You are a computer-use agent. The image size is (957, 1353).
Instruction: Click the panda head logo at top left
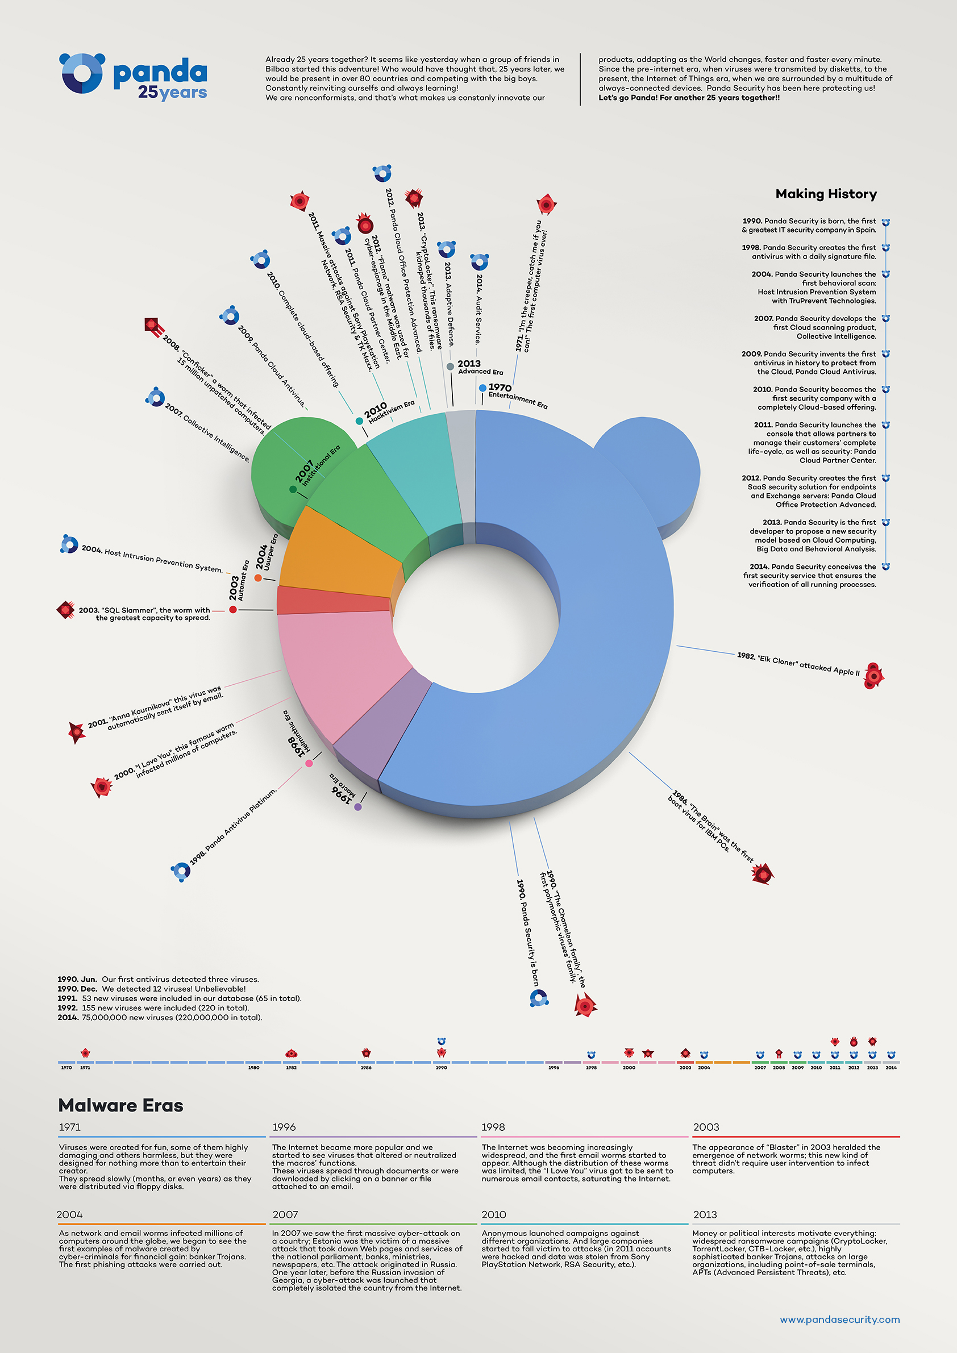tap(82, 73)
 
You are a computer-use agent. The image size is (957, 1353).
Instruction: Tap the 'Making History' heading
tap(826, 194)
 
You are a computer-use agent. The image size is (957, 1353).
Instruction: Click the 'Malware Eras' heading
tap(121, 1105)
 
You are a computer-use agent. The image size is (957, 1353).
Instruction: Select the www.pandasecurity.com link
tap(839, 1319)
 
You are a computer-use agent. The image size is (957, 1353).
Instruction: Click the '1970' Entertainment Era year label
tap(500, 387)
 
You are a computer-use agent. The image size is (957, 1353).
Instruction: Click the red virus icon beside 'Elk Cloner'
tap(873, 675)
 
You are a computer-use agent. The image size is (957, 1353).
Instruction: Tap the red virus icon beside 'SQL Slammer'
tap(65, 609)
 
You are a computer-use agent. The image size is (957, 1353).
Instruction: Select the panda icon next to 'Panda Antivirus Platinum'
tap(180, 871)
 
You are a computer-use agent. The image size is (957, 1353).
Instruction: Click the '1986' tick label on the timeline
tap(366, 1068)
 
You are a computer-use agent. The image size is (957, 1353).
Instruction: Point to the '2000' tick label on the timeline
tap(629, 1068)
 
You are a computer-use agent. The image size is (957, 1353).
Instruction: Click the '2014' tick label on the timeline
tap(891, 1068)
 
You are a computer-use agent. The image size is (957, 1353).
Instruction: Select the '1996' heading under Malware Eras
tap(284, 1127)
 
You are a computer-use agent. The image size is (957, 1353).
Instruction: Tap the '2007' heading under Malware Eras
tap(285, 1214)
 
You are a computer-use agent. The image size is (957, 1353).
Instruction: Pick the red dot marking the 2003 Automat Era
tap(234, 609)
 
